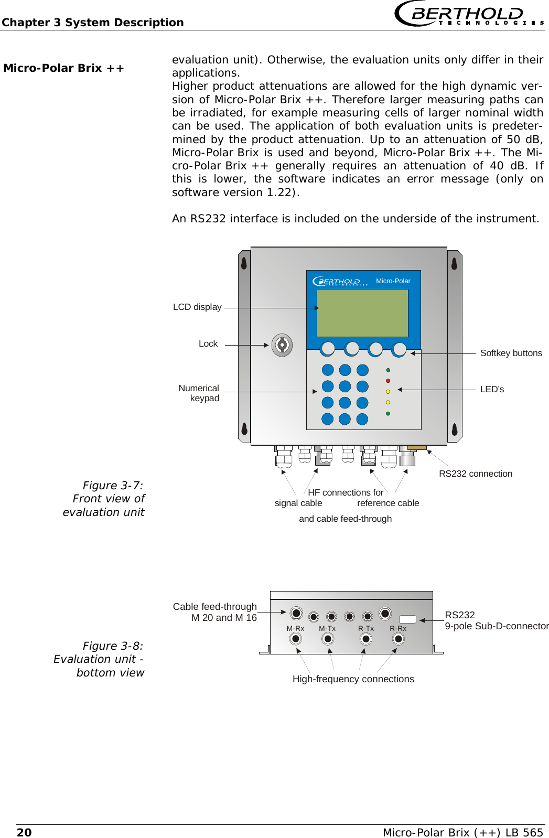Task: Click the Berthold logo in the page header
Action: tap(468, 14)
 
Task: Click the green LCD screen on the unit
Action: tap(362, 313)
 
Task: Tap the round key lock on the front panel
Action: tap(282, 345)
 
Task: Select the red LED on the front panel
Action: tap(388, 381)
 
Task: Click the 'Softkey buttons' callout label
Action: tap(511, 353)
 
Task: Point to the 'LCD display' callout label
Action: tap(197, 307)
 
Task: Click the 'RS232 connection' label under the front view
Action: tap(475, 474)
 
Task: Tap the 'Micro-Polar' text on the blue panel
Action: tap(393, 281)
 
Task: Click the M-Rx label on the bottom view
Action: tap(295, 628)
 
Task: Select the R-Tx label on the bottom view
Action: tap(365, 628)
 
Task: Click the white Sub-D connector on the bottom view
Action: tap(408, 619)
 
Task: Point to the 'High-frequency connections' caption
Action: tap(353, 679)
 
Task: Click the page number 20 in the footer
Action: tap(24, 833)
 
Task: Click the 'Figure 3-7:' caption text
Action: tap(113, 486)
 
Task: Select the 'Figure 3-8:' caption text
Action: tap(113, 646)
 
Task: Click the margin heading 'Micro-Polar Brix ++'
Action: tap(63, 68)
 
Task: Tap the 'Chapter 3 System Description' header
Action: tap(93, 23)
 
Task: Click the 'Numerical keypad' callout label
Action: tap(199, 393)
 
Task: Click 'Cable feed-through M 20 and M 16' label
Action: tap(216, 612)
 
